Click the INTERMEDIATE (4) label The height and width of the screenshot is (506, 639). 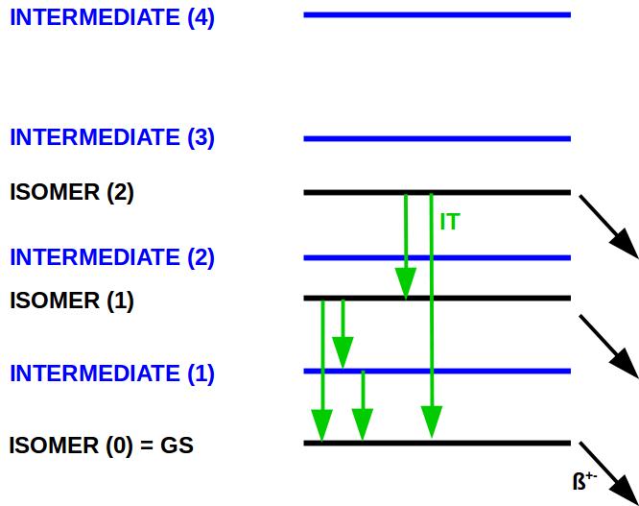(x=112, y=18)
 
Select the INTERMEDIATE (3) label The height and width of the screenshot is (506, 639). (x=112, y=137)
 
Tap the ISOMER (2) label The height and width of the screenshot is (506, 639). (x=72, y=192)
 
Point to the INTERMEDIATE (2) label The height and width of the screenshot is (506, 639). (x=112, y=257)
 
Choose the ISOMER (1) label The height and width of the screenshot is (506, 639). (x=72, y=301)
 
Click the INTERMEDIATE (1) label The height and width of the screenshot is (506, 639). (x=112, y=373)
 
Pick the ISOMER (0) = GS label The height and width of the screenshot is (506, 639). (x=102, y=445)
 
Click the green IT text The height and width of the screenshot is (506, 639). (x=449, y=222)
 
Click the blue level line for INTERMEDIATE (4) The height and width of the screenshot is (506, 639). (x=437, y=14)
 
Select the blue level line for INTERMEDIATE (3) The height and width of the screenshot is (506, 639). (x=437, y=138)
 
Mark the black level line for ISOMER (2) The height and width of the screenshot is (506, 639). (x=499, y=192)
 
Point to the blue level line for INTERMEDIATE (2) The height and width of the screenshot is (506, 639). (x=499, y=257)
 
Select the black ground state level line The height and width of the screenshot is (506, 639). (x=499, y=443)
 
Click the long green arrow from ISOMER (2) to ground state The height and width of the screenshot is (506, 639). (x=432, y=317)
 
